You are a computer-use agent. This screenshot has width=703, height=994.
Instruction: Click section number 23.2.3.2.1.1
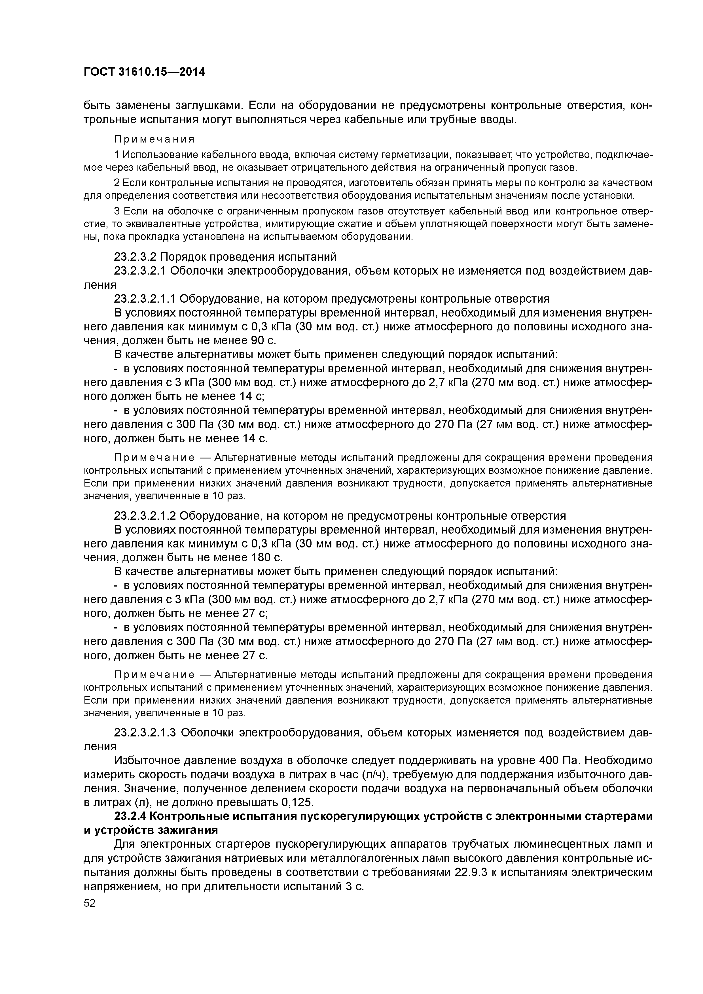[x=145, y=299]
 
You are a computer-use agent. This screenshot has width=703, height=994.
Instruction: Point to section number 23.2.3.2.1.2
[x=145, y=516]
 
